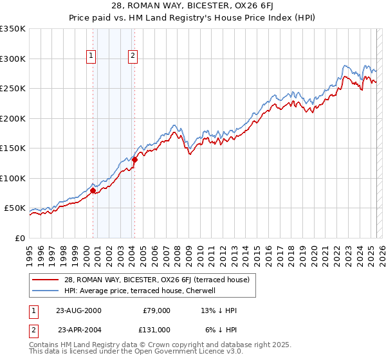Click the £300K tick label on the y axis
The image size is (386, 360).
[13, 59]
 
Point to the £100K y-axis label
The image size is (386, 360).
[13, 178]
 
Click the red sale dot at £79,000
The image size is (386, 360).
[93, 190]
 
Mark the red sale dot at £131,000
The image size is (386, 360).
[135, 159]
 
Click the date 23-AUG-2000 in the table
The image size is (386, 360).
[78, 310]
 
